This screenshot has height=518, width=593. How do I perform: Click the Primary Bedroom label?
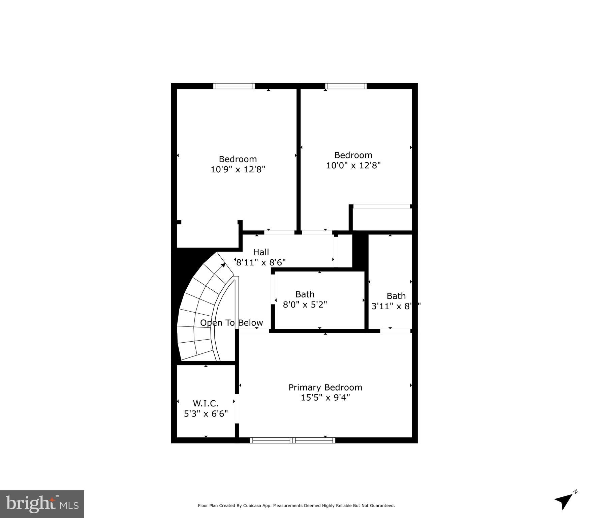click(x=325, y=387)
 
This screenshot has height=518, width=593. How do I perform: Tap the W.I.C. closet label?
click(x=206, y=403)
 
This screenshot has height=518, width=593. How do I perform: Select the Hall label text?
click(x=261, y=252)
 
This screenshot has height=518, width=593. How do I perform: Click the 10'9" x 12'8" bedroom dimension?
click(x=238, y=169)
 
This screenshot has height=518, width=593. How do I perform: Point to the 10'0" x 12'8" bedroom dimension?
click(x=353, y=165)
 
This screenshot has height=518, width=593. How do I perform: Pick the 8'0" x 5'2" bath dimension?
click(x=305, y=305)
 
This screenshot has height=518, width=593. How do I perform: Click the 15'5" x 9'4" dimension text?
click(x=325, y=398)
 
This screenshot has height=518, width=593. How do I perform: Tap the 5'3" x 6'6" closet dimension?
click(x=206, y=413)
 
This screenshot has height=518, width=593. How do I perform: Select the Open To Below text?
click(x=231, y=323)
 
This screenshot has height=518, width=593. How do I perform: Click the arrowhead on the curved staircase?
click(x=223, y=265)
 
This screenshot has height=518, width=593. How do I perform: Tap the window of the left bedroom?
click(x=234, y=86)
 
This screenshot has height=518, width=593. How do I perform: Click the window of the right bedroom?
click(x=346, y=86)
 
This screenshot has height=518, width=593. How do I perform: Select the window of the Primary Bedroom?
click(x=292, y=440)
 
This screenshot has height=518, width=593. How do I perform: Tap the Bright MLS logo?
click(x=42, y=504)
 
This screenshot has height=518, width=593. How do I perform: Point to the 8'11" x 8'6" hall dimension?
click(x=261, y=262)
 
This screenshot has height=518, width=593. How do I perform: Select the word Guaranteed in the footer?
click(x=382, y=506)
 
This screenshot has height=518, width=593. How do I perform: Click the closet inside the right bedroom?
click(x=382, y=220)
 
